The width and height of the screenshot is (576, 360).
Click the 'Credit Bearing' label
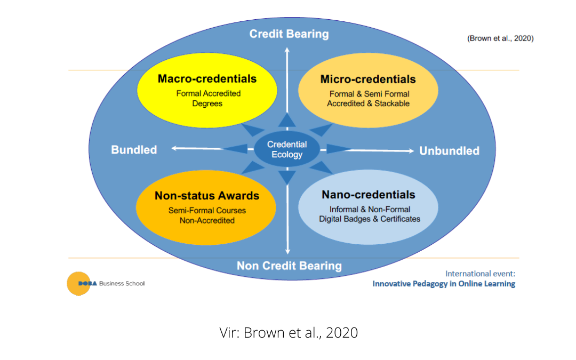tap(289, 34)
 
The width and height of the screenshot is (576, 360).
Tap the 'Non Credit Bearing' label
tap(289, 266)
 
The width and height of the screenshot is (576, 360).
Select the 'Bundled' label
tap(134, 150)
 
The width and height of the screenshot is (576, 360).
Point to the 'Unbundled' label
tap(449, 151)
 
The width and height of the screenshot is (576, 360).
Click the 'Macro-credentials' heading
tap(207, 79)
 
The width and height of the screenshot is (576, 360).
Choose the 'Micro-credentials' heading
tap(368, 79)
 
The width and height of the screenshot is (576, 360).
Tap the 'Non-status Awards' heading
tap(206, 196)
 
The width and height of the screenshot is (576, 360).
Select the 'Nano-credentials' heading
tap(368, 195)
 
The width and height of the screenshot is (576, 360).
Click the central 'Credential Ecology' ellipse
tap(287, 149)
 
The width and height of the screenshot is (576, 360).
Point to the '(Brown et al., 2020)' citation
tap(500, 38)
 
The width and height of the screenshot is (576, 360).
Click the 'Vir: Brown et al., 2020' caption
tap(289, 333)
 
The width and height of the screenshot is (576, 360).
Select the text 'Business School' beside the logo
tap(122, 284)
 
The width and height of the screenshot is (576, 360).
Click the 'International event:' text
tap(480, 274)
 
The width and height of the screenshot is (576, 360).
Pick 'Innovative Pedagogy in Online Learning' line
tap(444, 284)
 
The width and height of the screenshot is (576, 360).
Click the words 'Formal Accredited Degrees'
tap(208, 98)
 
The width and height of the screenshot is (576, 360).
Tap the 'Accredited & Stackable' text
tap(368, 103)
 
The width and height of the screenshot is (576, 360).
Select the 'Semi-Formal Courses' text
tap(206, 210)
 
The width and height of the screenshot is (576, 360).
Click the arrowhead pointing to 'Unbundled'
tap(411, 151)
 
